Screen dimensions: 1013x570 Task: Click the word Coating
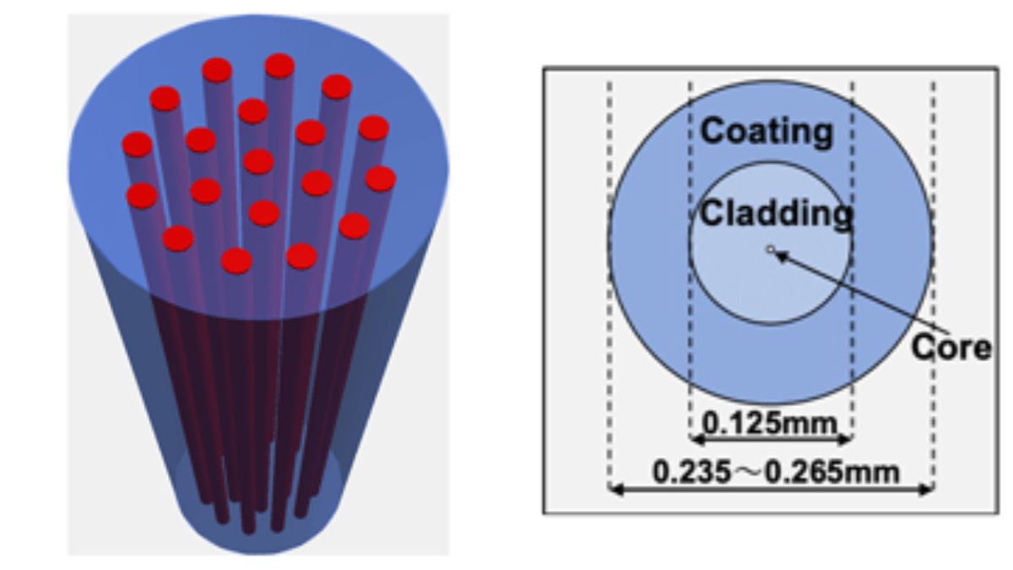767,132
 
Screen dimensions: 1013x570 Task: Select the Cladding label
777,214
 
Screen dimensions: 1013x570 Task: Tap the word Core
951,348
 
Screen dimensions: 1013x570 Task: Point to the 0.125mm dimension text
770,424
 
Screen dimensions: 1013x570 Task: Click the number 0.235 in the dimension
691,472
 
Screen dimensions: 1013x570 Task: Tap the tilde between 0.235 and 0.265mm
750,473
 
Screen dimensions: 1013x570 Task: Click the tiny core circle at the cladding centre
771,249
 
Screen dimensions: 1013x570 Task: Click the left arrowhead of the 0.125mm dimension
697,439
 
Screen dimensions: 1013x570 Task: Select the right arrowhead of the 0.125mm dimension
845,439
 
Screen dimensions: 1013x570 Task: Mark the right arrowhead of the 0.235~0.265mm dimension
926,489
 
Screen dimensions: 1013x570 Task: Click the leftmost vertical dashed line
609,285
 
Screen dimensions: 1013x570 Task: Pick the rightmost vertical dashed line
934,285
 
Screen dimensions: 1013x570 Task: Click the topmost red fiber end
279,66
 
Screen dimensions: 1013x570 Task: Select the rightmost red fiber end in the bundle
381,179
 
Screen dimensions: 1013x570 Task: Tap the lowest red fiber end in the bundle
236,261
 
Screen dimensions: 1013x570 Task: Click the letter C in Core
923,348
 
